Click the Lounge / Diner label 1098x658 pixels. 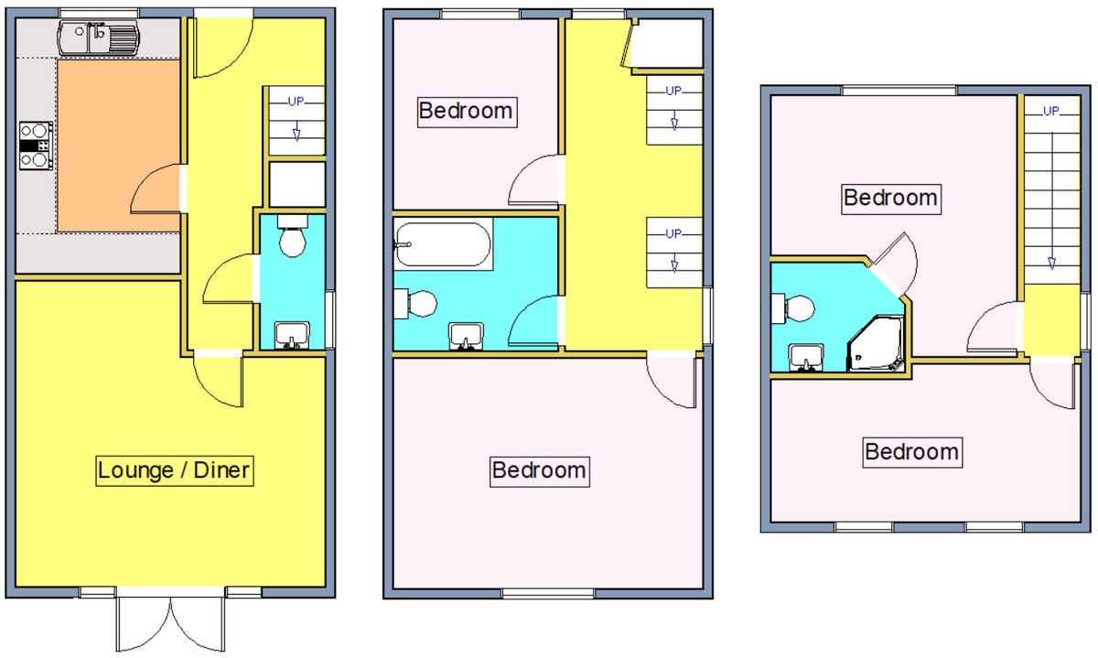tap(175, 470)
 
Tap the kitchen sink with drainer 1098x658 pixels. tap(99, 38)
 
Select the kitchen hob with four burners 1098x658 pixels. tap(37, 146)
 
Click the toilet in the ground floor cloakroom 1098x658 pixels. tap(292, 236)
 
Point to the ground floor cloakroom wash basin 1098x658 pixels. tap(292, 335)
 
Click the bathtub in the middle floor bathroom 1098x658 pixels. tap(443, 244)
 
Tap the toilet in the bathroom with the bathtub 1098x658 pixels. tap(415, 304)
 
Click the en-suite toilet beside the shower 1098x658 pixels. tap(793, 308)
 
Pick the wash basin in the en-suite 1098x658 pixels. tap(806, 358)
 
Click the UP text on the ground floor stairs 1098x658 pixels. tap(296, 102)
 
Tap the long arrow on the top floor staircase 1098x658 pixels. tap(1051, 201)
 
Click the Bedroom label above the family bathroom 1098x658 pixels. tap(467, 112)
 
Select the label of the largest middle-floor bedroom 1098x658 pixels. tap(540, 471)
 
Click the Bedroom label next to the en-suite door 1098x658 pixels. tap(891, 199)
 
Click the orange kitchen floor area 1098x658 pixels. tap(119, 146)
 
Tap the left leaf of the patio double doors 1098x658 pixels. tap(144, 623)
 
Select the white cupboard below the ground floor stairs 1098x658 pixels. tap(297, 184)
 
